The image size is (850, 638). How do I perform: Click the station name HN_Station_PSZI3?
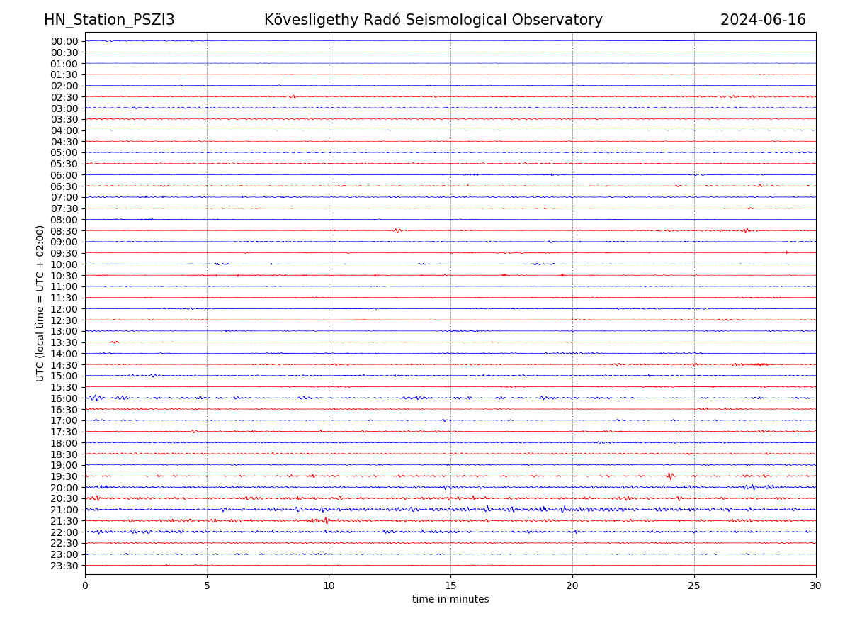click(x=109, y=20)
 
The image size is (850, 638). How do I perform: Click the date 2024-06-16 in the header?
click(x=763, y=20)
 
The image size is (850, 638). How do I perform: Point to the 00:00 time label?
click(x=64, y=41)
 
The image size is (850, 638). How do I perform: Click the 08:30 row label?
click(x=64, y=231)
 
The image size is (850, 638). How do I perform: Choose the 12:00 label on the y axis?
click(x=64, y=309)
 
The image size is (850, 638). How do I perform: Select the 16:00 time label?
click(x=64, y=398)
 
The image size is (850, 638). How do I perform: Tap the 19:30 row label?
click(x=64, y=476)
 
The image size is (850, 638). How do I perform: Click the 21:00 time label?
click(x=64, y=510)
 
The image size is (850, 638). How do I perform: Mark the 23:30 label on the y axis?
click(x=64, y=566)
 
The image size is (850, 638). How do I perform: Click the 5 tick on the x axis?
click(x=207, y=586)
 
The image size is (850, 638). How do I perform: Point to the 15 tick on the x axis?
click(x=450, y=586)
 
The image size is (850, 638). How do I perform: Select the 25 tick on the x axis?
click(x=694, y=586)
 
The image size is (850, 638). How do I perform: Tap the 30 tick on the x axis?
click(x=816, y=586)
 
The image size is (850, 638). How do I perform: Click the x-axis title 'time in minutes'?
click(x=450, y=600)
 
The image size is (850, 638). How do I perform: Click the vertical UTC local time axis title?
click(x=40, y=303)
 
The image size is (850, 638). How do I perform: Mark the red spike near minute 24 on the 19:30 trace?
click(x=670, y=476)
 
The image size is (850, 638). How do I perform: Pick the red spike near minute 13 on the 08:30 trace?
click(x=397, y=230)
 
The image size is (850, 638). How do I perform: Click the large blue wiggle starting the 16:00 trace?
click(x=95, y=398)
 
